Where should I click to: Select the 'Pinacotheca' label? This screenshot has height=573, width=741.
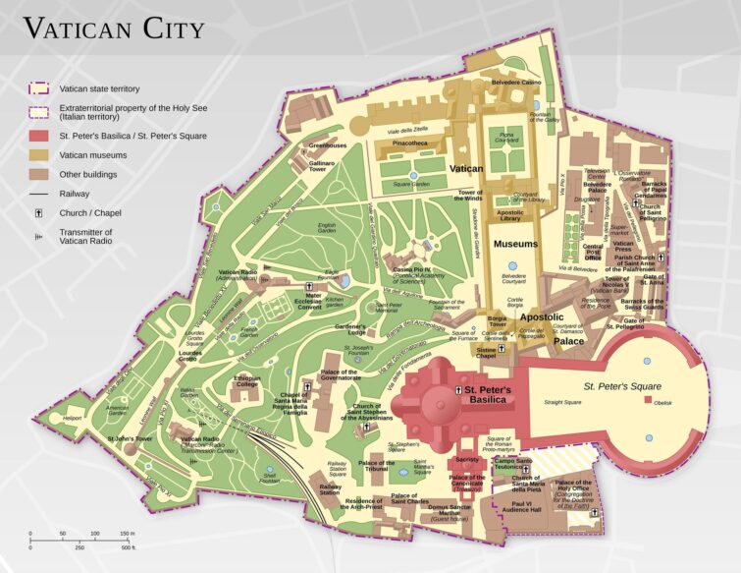click(x=409, y=143)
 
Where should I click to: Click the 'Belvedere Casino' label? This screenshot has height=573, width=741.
click(x=516, y=83)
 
